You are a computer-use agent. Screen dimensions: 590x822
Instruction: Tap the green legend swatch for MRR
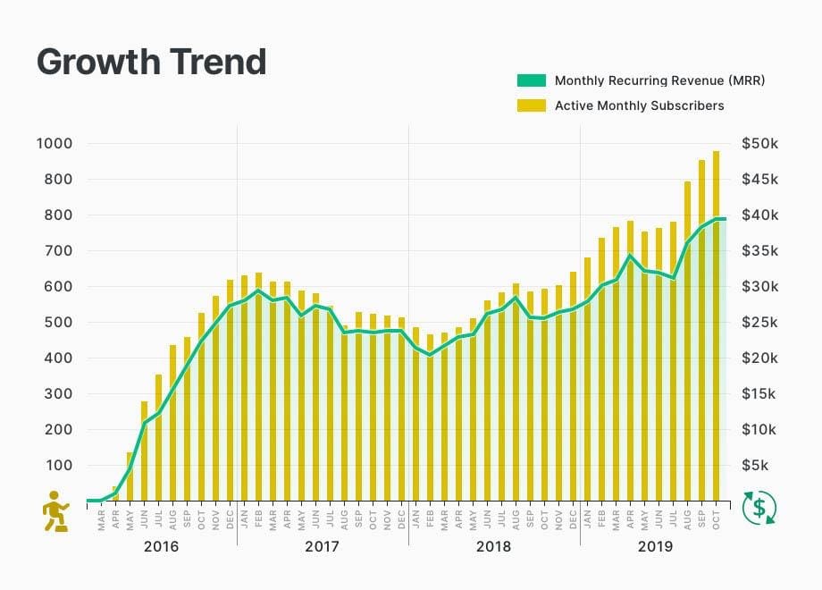[x=530, y=80]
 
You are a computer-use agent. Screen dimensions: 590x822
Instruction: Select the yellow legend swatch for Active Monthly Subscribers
[x=530, y=105]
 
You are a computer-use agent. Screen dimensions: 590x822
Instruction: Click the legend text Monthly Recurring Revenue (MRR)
[x=659, y=80]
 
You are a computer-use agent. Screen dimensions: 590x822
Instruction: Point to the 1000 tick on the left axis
[x=55, y=143]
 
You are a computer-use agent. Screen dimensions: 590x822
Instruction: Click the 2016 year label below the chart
[x=162, y=546]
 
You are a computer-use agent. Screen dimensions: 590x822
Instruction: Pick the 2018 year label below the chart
[x=494, y=546]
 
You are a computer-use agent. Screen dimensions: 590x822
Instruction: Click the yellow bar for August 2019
[x=688, y=340]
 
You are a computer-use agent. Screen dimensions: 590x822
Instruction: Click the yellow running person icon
[x=56, y=510]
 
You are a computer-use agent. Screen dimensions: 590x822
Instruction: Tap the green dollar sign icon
[x=759, y=509]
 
